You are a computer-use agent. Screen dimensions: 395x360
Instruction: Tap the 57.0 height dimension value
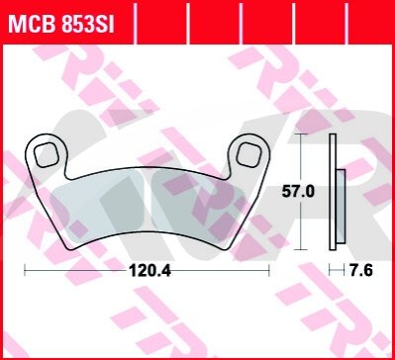click(298, 192)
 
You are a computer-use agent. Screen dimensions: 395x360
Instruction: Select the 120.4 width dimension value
click(149, 271)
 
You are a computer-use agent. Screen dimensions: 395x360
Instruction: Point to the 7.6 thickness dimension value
click(361, 271)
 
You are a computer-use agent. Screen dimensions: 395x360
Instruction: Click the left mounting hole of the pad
click(47, 154)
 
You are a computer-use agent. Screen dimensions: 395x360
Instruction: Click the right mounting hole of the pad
click(249, 154)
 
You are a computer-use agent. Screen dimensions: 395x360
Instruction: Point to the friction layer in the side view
click(341, 207)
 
